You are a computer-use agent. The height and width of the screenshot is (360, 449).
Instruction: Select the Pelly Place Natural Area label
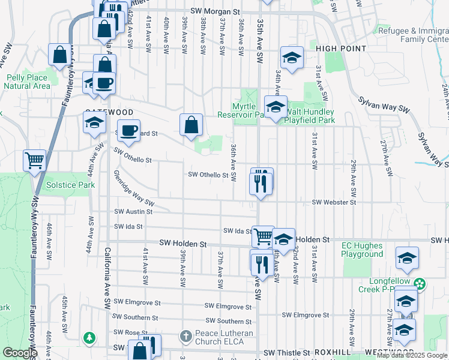coord(27,82)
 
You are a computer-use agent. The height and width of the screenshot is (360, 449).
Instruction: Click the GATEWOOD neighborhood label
coord(109,112)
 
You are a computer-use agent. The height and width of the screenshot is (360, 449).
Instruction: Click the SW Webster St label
coord(334,203)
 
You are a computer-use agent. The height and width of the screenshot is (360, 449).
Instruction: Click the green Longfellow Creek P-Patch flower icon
coord(420,283)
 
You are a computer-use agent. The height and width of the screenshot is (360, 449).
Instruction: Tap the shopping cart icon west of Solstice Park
coord(34,160)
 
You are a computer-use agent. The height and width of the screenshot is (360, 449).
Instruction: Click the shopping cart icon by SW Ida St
coord(263,236)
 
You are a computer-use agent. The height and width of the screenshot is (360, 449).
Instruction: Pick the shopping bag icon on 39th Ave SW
coord(191,125)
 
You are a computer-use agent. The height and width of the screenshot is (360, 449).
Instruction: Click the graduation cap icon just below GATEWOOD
coord(94,123)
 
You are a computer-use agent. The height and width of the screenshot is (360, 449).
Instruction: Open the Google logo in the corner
coord(20,353)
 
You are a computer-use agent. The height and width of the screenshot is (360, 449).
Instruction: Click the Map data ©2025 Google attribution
coord(412,356)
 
